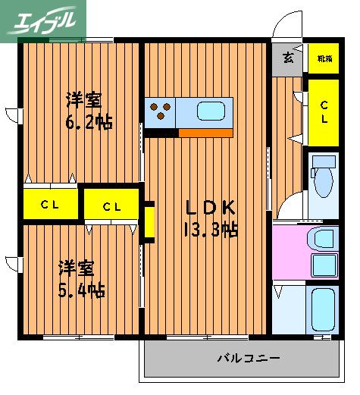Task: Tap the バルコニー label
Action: pyautogui.click(x=249, y=358)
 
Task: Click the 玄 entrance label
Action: pyautogui.click(x=289, y=58)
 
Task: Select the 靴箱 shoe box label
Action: pyautogui.click(x=324, y=58)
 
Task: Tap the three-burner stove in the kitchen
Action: pyautogui.click(x=160, y=111)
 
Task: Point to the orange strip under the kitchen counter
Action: pyautogui.click(x=205, y=133)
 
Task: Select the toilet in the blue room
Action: pyautogui.click(x=324, y=178)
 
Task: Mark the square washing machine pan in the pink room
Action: pyautogui.click(x=327, y=265)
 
